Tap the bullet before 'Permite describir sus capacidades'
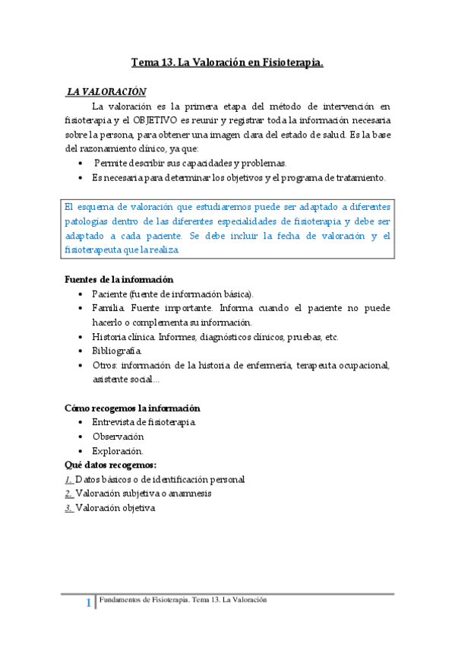81,164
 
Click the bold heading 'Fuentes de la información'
119,279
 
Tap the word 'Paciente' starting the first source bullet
110,294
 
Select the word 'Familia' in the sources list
108,308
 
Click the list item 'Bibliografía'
116,351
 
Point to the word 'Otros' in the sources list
105,365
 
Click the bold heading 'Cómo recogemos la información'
133,408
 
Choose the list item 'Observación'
118,437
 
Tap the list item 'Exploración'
117,451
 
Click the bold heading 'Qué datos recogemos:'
112,465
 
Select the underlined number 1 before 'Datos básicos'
69,479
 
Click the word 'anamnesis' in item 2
189,494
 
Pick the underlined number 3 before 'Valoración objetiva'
69,508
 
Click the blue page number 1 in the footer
90,604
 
